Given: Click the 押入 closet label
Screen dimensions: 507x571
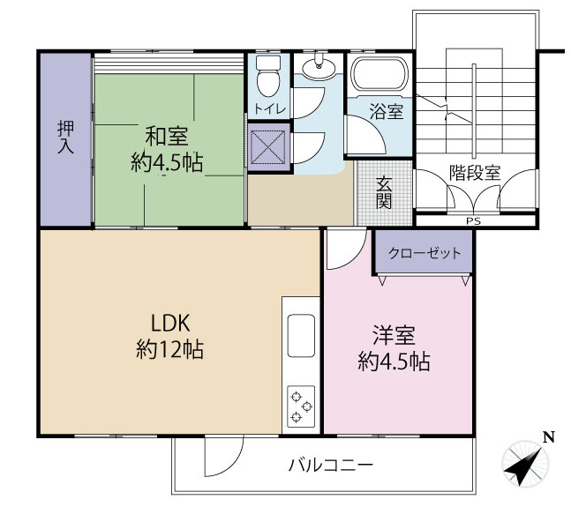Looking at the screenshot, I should pos(65,138).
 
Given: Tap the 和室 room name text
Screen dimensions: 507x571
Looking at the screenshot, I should pos(167,137).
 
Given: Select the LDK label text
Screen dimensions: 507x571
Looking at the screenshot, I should pos(169,322).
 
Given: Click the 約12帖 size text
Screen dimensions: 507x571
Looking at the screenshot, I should pos(169,349).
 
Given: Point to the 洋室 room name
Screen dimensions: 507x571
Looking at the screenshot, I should pos(394,335).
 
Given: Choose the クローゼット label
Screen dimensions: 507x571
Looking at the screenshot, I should pos(424,254).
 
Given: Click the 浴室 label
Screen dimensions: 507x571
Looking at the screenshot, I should pos(386,112).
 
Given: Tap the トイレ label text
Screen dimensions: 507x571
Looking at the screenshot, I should pos(268,108).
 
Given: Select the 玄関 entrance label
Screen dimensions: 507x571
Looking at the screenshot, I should pos(385,193).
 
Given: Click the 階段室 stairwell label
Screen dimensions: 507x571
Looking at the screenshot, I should pos(475,172).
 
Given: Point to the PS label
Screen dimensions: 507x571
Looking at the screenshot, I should pos(475,221).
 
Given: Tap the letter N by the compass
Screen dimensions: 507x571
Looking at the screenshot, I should pos(548,436).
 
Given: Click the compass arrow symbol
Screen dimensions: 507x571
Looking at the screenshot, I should pos(527,465).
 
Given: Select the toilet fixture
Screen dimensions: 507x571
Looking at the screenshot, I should pos(268,78).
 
